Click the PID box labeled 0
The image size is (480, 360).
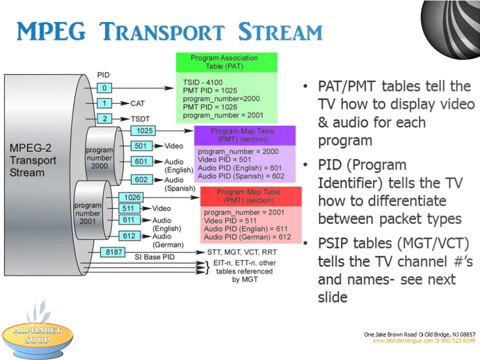pyautogui.click(x=104, y=88)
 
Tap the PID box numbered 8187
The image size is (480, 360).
pyautogui.click(x=113, y=252)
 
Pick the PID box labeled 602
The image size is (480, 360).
pyautogui.click(x=141, y=179)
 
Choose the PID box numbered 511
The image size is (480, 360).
pyautogui.click(x=129, y=208)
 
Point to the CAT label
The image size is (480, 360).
pyautogui.click(x=137, y=103)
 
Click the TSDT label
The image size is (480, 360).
pyautogui.click(x=140, y=119)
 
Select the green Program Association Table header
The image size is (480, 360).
pyautogui.click(x=226, y=62)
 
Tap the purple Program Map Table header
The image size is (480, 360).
pyautogui.click(x=245, y=135)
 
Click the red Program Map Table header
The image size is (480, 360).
pyautogui.click(x=251, y=196)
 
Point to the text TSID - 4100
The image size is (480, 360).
pyautogui.click(x=202, y=82)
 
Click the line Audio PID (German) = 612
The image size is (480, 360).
pyautogui.click(x=247, y=237)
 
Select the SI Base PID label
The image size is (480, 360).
pyautogui.click(x=154, y=257)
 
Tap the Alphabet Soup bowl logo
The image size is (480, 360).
pyautogui.click(x=37, y=330)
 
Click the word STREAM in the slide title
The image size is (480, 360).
pyautogui.click(x=280, y=31)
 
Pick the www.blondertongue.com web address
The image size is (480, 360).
pyautogui.click(x=402, y=340)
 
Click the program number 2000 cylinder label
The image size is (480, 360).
pyautogui.click(x=99, y=158)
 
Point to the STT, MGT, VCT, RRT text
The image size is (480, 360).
pyautogui.click(x=242, y=252)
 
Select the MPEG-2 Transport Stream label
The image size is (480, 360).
pyautogui.click(x=33, y=160)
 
